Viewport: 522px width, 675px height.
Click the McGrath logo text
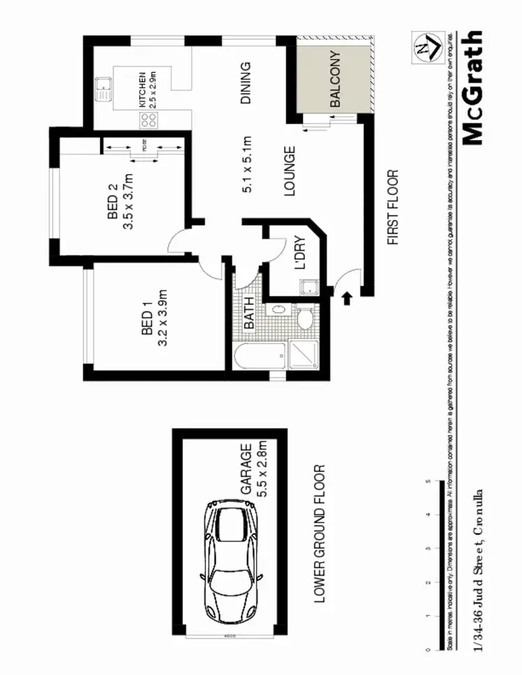471,88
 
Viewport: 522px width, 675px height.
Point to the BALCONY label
335,79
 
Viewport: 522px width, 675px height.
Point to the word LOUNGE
290,170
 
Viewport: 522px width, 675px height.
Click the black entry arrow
347,299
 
